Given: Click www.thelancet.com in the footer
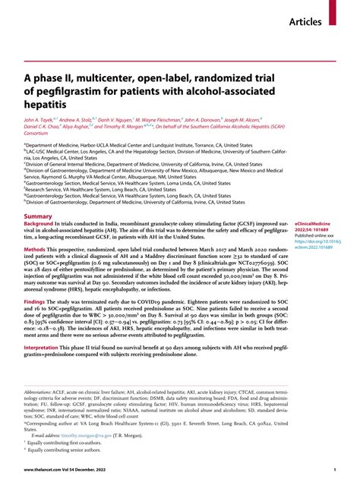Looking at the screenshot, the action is click(42, 471).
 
